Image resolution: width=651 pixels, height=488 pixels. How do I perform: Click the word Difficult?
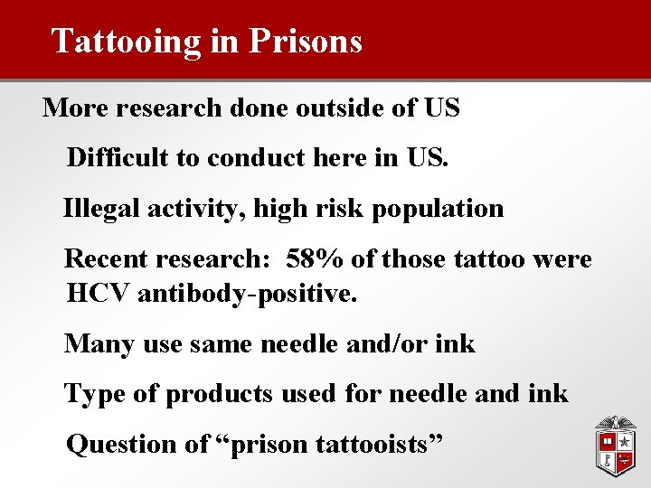click(118, 158)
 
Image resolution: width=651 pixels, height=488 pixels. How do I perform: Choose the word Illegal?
click(99, 209)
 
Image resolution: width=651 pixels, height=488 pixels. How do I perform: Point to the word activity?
click(196, 209)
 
